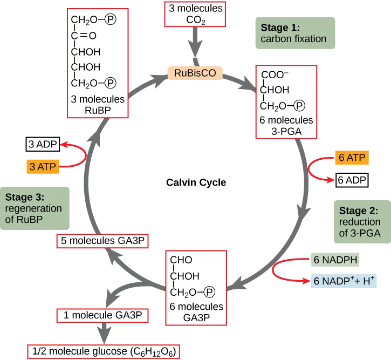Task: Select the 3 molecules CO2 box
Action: point(195,15)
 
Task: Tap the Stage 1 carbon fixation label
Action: point(293,33)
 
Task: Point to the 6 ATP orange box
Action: point(351,158)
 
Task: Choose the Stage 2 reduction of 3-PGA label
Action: point(359,222)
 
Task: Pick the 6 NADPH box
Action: point(336,260)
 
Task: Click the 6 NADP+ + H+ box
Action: point(344,281)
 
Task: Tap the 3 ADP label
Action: point(43,144)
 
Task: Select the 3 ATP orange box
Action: point(43,166)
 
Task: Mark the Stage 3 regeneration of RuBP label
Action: point(35,208)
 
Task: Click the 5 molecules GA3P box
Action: point(102,241)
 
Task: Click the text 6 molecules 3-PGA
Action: point(286,125)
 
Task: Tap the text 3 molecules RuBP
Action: point(98,105)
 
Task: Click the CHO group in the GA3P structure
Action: point(181,261)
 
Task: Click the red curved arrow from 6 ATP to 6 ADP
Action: point(312,169)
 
